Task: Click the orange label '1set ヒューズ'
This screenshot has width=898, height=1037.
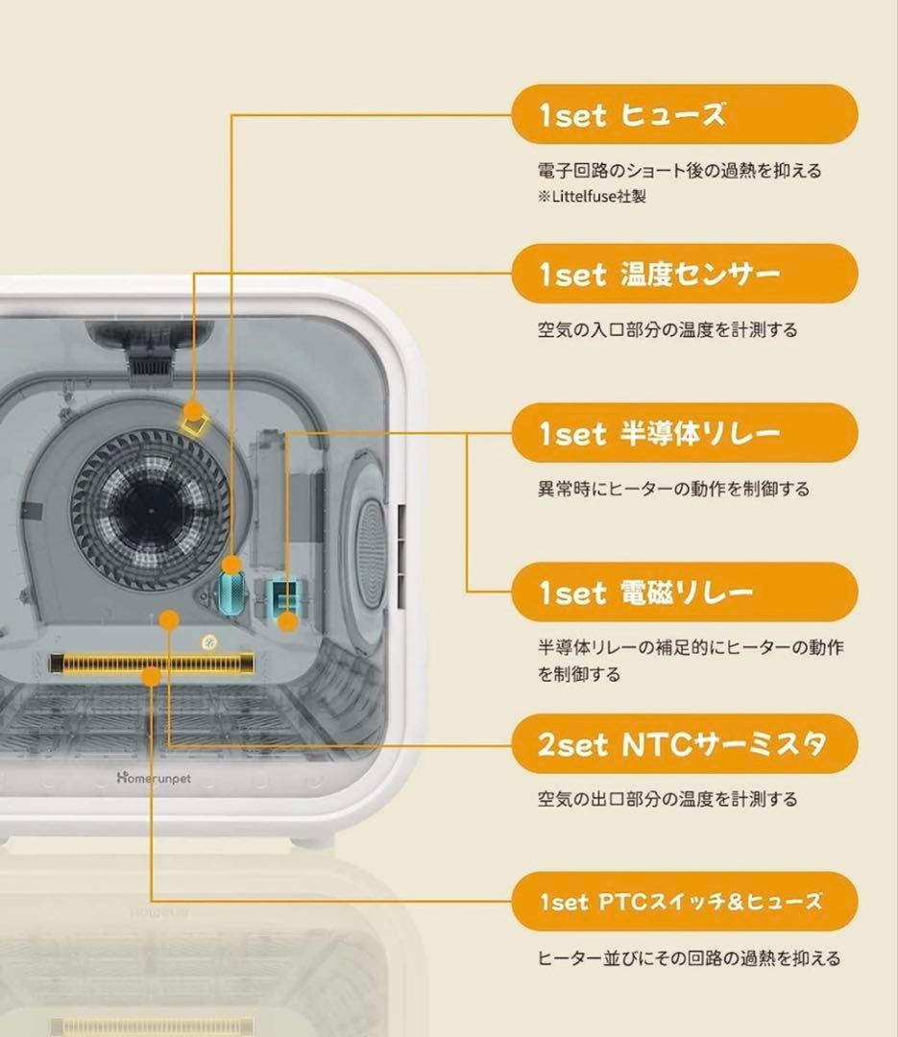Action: pos(684,115)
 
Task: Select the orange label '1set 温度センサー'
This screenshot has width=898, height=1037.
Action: pos(684,275)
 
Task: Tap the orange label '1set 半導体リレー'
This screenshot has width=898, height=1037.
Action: pos(684,434)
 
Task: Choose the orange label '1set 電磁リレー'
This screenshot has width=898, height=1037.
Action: pos(684,593)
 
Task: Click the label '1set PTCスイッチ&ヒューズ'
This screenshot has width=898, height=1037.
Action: pos(684,902)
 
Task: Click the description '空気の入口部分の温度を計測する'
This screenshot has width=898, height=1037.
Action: pos(667,329)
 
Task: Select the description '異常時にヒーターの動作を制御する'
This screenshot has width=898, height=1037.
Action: pos(672,489)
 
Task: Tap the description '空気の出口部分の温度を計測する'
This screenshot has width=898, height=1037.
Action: pos(667,799)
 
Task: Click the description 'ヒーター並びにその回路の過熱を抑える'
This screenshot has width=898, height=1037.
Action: pos(688,957)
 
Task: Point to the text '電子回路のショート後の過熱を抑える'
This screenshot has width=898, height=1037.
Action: pos(679,171)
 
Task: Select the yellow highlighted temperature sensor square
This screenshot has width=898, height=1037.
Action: pos(196,419)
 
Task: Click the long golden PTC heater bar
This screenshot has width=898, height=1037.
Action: pos(152,663)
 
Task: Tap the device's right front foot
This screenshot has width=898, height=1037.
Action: pos(314,840)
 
